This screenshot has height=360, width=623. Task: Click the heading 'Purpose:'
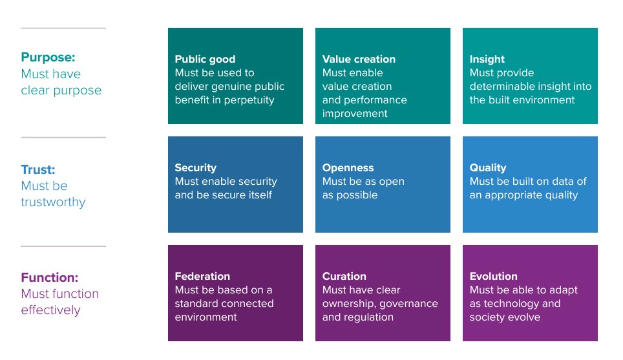[48, 58]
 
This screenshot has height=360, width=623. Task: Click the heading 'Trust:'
[38, 170]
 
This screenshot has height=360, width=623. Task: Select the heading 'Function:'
[50, 277]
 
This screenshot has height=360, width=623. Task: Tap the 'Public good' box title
[205, 59]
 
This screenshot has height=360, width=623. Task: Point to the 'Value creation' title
[359, 59]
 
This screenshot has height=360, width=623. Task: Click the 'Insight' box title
[487, 59]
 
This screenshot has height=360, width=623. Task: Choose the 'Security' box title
[195, 167]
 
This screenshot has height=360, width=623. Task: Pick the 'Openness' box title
[348, 167]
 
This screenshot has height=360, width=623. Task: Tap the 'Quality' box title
[488, 167]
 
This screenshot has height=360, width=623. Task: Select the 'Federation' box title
[202, 276]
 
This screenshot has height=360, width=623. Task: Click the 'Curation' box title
[344, 276]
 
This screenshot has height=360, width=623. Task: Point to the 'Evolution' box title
[494, 276]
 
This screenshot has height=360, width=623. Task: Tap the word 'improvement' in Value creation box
[355, 114]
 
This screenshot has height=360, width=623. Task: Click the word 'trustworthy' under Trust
[53, 202]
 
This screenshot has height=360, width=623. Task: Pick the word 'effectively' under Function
[51, 310]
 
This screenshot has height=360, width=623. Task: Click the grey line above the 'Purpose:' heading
[63, 28]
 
